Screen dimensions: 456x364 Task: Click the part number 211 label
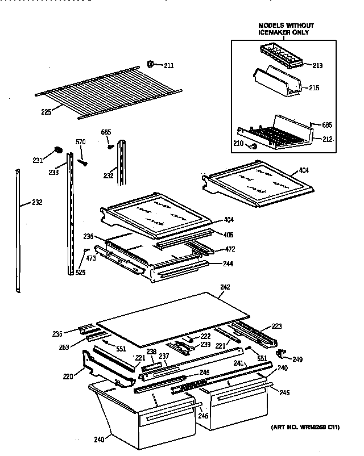click(x=169, y=66)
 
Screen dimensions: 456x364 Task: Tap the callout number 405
click(x=229, y=235)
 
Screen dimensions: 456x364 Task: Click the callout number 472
click(x=229, y=249)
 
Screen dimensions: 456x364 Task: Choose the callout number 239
click(x=205, y=345)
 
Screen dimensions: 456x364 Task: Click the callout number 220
click(x=68, y=375)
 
